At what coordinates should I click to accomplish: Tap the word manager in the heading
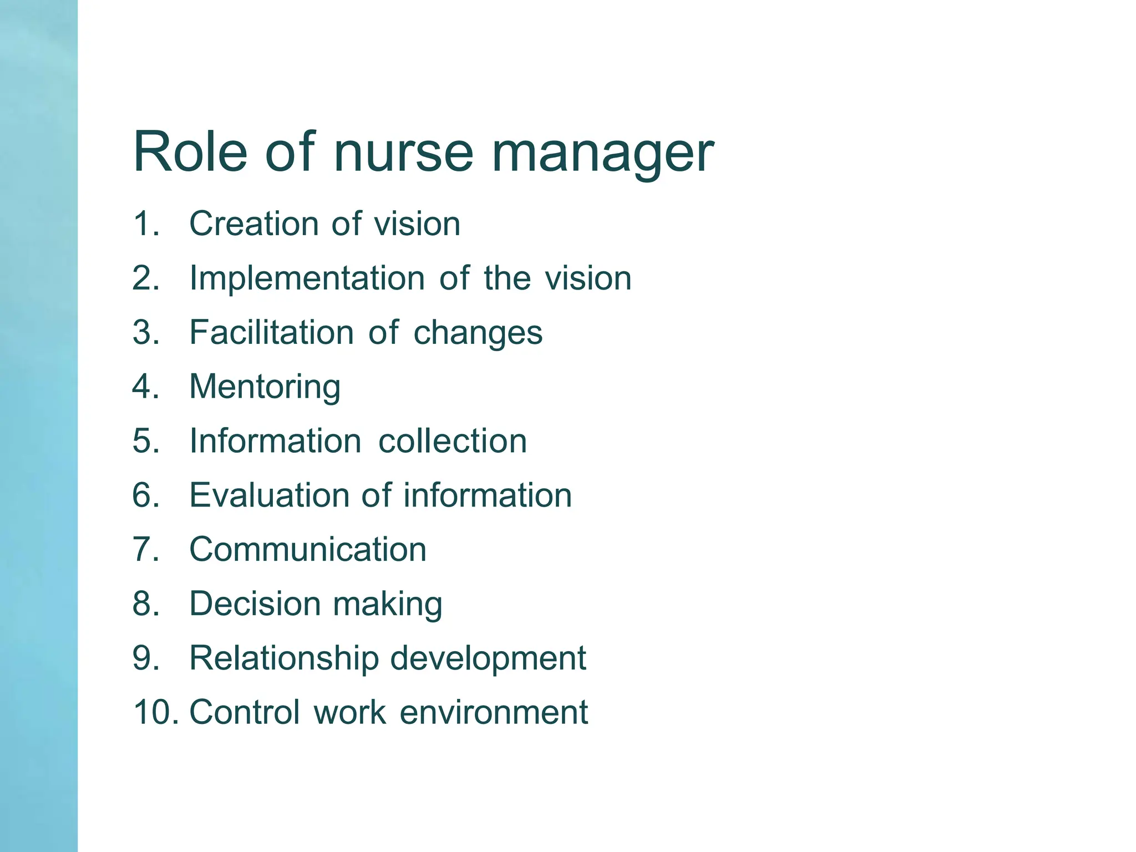click(602, 153)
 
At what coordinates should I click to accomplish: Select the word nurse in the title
click(403, 153)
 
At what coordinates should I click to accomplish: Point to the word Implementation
click(307, 278)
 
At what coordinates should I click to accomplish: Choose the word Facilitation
click(271, 332)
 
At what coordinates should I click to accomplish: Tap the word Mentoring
click(265, 387)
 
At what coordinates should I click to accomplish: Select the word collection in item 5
click(452, 441)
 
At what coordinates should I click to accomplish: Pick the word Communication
click(308, 549)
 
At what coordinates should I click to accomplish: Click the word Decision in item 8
click(255, 603)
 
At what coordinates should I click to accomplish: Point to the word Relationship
click(283, 658)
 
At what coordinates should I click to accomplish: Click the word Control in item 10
click(245, 712)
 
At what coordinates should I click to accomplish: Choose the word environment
click(493, 712)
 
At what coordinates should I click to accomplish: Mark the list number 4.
click(145, 386)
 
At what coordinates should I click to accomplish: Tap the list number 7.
click(145, 549)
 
